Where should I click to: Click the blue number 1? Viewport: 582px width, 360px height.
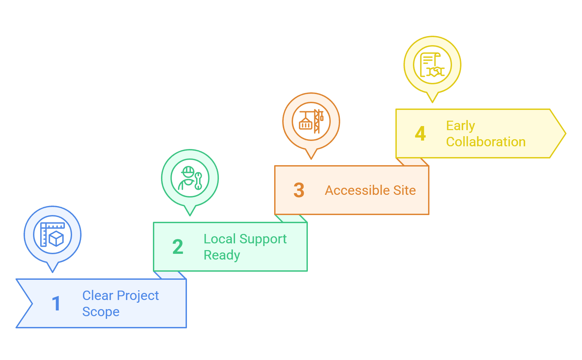tap(56, 303)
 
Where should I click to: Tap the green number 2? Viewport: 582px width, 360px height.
tap(177, 247)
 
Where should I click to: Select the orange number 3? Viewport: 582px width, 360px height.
tap(299, 190)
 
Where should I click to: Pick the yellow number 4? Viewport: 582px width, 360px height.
tap(420, 133)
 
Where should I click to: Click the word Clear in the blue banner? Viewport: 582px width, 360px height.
tap(98, 296)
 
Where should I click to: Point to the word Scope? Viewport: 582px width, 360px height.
tap(101, 312)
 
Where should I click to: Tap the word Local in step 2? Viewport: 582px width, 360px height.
tap(220, 239)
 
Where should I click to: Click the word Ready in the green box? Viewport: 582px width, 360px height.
tap(222, 256)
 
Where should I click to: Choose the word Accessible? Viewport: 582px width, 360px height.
tap(357, 190)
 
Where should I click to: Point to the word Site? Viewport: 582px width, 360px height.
tap(405, 190)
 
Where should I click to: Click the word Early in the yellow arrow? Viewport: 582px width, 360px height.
tap(460, 126)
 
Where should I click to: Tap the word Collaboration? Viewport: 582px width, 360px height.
tap(486, 142)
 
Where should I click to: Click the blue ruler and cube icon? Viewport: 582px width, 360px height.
tap(53, 235)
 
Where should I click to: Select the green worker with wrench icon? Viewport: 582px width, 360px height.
tap(190, 178)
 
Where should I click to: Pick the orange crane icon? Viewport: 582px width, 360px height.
tap(311, 121)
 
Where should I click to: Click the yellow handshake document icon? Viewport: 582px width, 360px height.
tap(432, 65)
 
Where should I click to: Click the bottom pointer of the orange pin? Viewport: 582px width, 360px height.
tap(311, 157)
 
